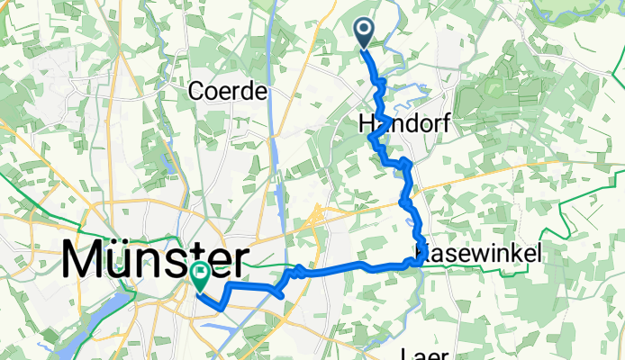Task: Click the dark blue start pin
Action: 365,32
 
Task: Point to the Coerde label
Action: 229,92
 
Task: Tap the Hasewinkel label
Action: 481,255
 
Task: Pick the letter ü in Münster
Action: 121,262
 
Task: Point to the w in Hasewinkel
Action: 479,255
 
